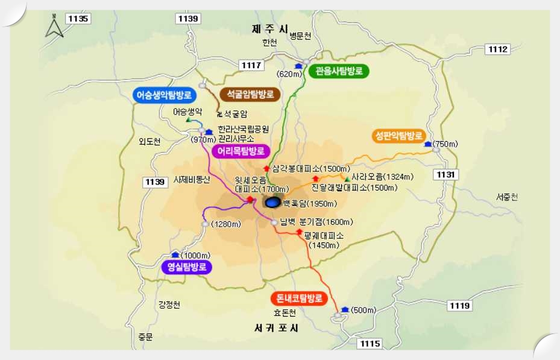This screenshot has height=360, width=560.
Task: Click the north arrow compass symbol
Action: (54, 27)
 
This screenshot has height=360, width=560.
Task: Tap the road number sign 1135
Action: (78, 19)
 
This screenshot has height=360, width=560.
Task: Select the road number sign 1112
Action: (499, 49)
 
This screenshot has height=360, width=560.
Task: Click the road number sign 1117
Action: (251, 65)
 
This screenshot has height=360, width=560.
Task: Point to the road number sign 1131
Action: (447, 174)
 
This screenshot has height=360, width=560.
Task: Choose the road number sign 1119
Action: (459, 306)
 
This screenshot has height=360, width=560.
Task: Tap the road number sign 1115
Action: (370, 343)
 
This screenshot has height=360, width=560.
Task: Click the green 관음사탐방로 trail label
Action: (339, 71)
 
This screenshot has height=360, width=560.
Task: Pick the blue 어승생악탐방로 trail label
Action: (163, 95)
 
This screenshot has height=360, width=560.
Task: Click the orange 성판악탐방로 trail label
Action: (398, 135)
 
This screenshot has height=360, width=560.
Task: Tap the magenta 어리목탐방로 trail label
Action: (241, 151)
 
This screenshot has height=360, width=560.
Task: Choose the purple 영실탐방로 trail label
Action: (187, 267)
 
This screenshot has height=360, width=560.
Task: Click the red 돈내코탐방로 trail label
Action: (299, 298)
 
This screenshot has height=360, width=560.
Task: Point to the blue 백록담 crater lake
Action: (273, 202)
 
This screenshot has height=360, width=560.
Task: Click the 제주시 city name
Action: (269, 28)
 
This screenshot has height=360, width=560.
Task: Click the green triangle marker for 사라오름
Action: (347, 178)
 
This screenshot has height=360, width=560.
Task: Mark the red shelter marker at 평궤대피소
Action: (299, 231)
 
